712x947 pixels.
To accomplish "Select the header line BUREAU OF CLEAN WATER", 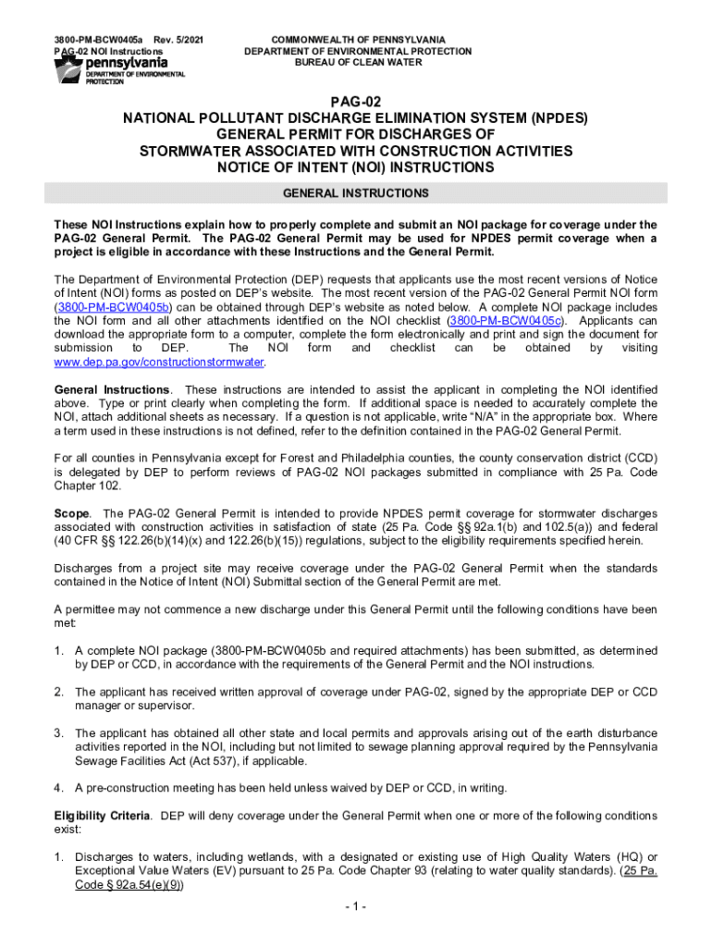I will (357, 63).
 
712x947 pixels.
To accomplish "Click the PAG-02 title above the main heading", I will (356, 102).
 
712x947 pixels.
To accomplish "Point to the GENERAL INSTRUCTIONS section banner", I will (356, 193).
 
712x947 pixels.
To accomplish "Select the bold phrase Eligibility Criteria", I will (104, 816).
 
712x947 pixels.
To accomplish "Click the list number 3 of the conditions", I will (58, 732).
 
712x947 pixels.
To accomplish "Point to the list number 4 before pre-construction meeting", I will (58, 788).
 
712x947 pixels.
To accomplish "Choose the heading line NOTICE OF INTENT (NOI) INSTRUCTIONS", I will (356, 167).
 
